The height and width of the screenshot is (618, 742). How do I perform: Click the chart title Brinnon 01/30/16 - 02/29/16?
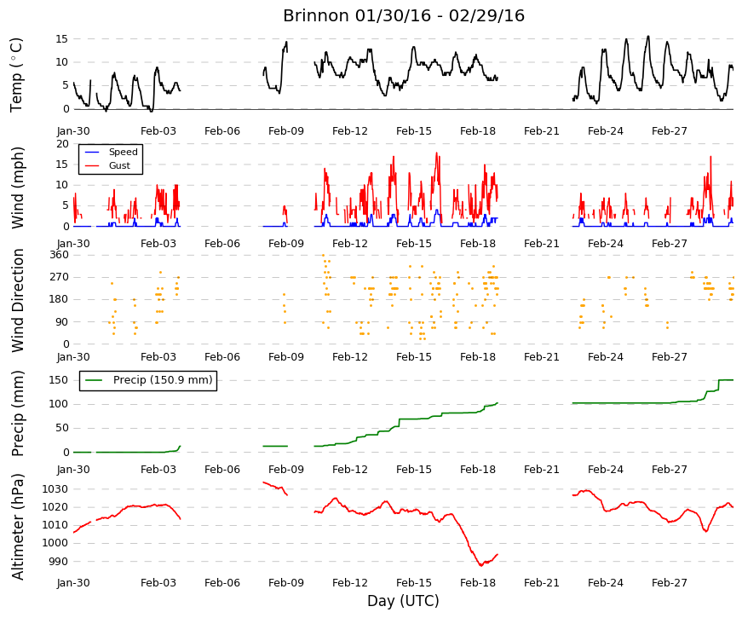(x=404, y=15)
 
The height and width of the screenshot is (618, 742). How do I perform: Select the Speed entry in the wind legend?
(x=123, y=152)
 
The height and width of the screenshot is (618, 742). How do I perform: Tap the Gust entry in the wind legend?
(x=119, y=165)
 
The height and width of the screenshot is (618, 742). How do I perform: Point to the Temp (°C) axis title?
(x=16, y=75)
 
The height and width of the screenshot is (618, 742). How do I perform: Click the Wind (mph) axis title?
(x=18, y=188)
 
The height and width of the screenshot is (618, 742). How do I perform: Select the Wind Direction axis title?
(x=18, y=300)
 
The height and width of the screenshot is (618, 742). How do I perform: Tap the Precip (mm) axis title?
(x=18, y=413)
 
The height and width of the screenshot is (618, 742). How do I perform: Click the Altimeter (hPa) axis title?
(x=18, y=527)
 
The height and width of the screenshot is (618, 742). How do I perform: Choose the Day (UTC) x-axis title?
(x=403, y=601)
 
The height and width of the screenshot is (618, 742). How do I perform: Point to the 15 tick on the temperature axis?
(x=62, y=39)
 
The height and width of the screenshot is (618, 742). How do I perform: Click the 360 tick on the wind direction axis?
(x=59, y=255)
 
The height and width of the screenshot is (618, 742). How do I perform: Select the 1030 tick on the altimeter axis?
(x=55, y=488)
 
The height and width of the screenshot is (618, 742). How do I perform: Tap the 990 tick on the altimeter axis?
(x=59, y=562)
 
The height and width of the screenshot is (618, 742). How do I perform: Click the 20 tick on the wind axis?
(x=62, y=144)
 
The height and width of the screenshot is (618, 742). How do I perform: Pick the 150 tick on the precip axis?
(x=59, y=380)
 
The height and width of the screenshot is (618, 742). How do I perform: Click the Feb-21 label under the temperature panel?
(x=541, y=131)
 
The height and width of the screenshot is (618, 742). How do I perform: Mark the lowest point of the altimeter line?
(x=480, y=565)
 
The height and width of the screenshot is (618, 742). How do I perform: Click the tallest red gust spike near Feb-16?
(x=436, y=153)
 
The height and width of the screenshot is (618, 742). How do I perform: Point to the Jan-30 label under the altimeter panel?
(x=73, y=583)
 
